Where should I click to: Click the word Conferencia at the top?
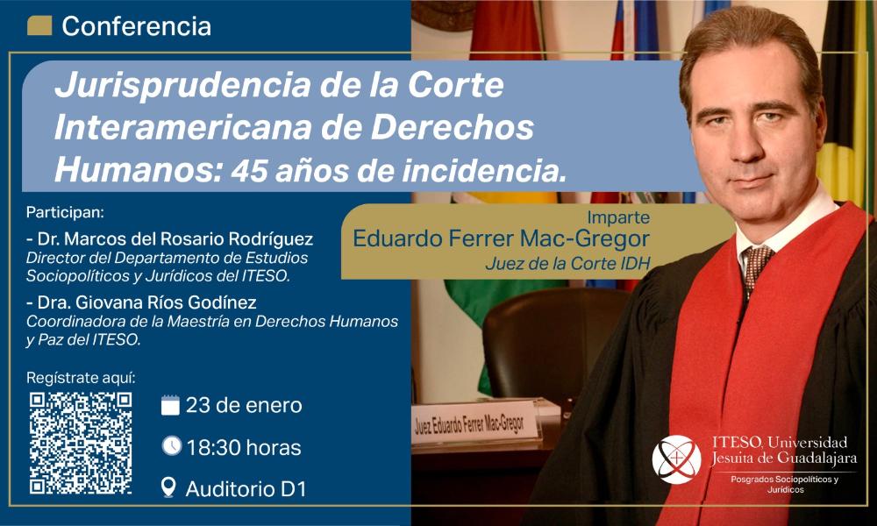[x=137, y=26]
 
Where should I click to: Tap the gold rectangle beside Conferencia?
[x=39, y=25]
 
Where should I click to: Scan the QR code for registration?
[x=81, y=443]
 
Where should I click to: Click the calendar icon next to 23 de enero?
[x=170, y=405]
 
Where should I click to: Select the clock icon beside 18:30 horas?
[x=172, y=446]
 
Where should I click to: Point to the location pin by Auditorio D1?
[x=168, y=487]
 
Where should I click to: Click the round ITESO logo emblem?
[x=676, y=459]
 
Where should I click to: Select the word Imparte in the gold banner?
[x=618, y=217]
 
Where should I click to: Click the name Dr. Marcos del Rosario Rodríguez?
[x=169, y=239]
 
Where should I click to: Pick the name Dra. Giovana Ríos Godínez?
[x=141, y=303]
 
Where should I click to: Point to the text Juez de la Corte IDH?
[x=567, y=263]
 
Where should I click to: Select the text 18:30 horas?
[x=244, y=448]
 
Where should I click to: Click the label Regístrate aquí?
[x=81, y=379]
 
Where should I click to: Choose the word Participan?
[x=65, y=213]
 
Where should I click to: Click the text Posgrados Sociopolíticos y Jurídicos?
[x=785, y=485]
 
